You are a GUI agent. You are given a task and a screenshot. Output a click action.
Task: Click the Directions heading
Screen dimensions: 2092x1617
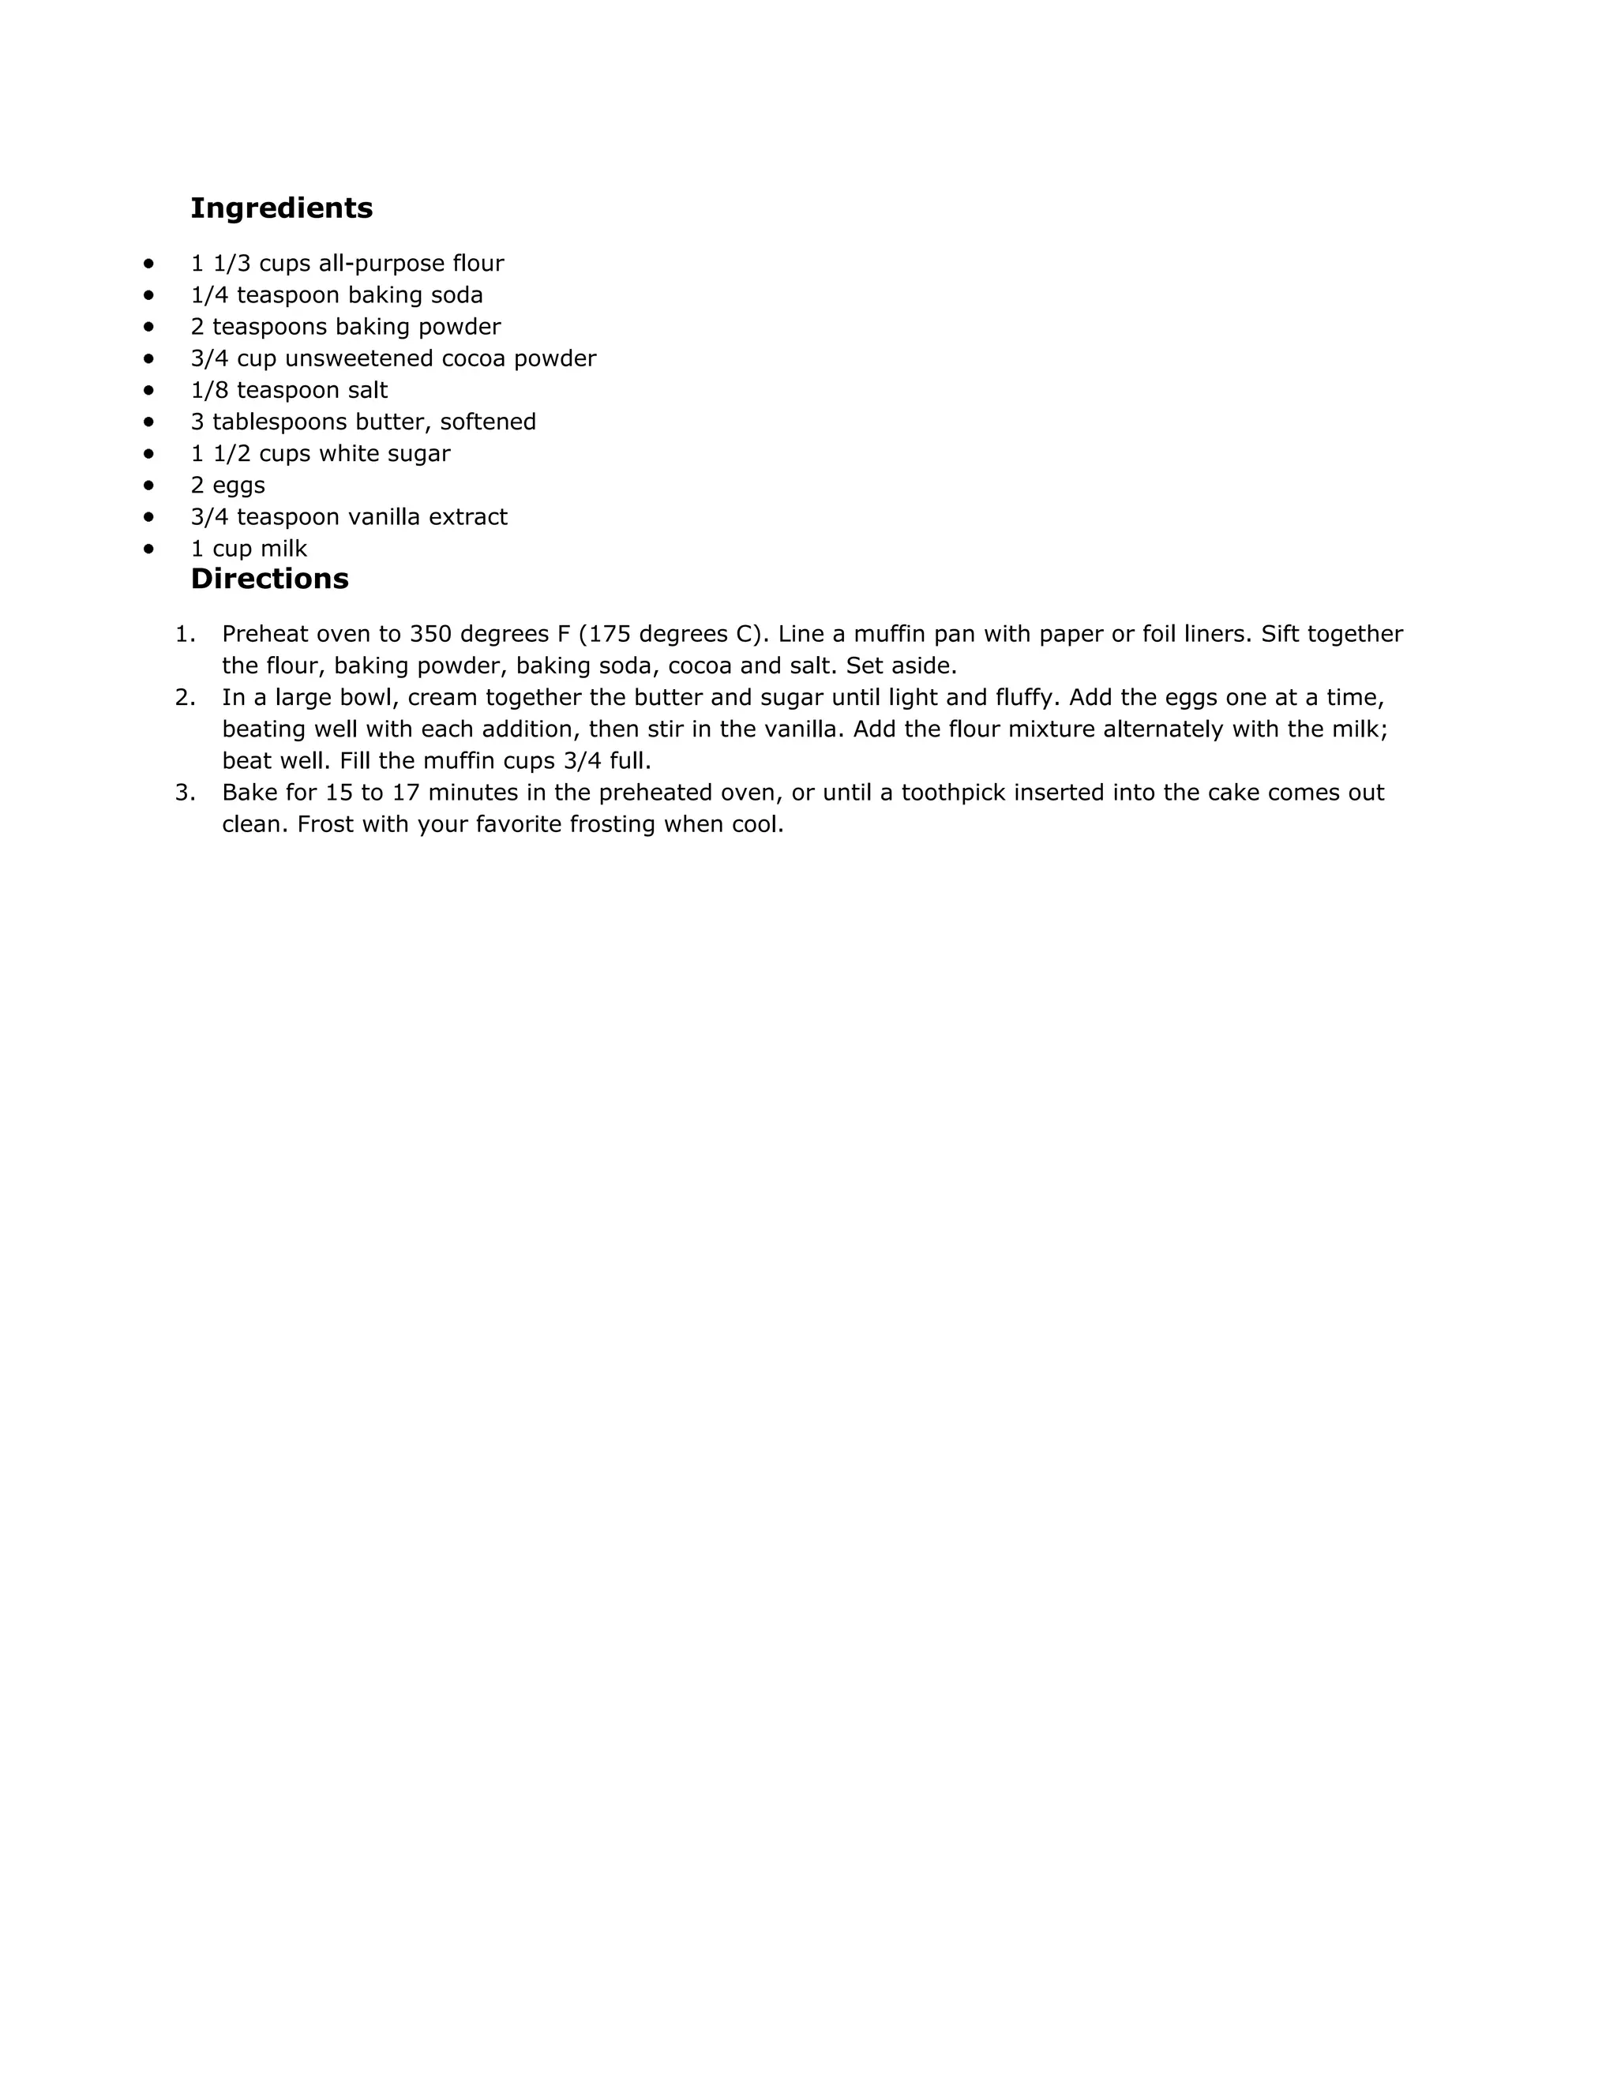pos(269,579)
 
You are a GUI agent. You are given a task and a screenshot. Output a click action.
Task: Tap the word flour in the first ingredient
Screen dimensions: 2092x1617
pos(478,264)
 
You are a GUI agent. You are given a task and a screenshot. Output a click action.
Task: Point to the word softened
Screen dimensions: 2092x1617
pos(488,422)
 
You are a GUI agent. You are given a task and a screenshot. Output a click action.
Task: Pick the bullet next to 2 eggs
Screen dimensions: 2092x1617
pos(148,485)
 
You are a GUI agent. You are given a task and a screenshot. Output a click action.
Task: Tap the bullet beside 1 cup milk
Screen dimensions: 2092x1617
pos(148,549)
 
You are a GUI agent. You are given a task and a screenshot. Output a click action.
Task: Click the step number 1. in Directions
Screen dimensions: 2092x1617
pos(185,634)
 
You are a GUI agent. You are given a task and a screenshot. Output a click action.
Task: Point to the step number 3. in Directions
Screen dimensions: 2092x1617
pos(185,793)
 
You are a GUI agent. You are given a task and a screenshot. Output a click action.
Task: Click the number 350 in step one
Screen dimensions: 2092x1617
pos(430,634)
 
